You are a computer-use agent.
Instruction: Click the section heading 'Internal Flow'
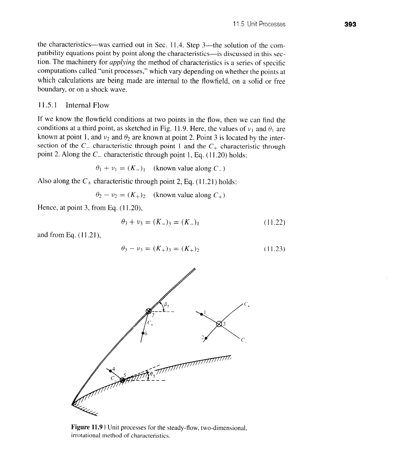tap(87, 105)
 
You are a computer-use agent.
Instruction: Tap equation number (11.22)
tap(274, 223)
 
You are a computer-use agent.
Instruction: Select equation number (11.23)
tap(274, 249)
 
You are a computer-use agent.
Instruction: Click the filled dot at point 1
tap(201, 314)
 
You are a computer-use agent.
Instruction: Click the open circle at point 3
tap(219, 324)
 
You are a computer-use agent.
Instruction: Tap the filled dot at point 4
tap(110, 371)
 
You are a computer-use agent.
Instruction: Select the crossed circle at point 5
tap(122, 380)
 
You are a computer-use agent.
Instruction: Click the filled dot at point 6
tap(143, 333)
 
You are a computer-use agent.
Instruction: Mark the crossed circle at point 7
tap(149, 311)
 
